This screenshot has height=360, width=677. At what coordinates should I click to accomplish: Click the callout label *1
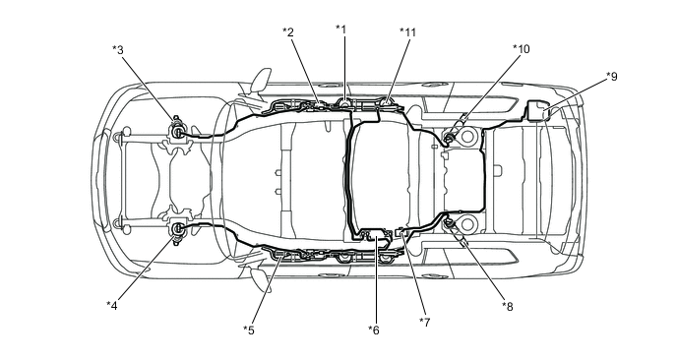click(341, 30)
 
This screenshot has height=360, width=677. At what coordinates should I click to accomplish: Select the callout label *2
click(288, 31)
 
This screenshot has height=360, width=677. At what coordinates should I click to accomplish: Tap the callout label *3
click(118, 50)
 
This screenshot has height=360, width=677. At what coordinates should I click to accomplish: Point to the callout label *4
click(112, 306)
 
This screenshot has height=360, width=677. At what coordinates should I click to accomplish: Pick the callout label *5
click(249, 330)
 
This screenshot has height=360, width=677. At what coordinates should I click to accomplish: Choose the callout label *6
click(374, 330)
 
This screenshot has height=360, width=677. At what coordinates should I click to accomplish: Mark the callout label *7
click(425, 322)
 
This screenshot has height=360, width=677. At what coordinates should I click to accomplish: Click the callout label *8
click(508, 307)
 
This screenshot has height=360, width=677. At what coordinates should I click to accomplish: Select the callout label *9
click(612, 77)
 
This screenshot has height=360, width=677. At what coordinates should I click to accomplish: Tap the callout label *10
click(522, 49)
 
